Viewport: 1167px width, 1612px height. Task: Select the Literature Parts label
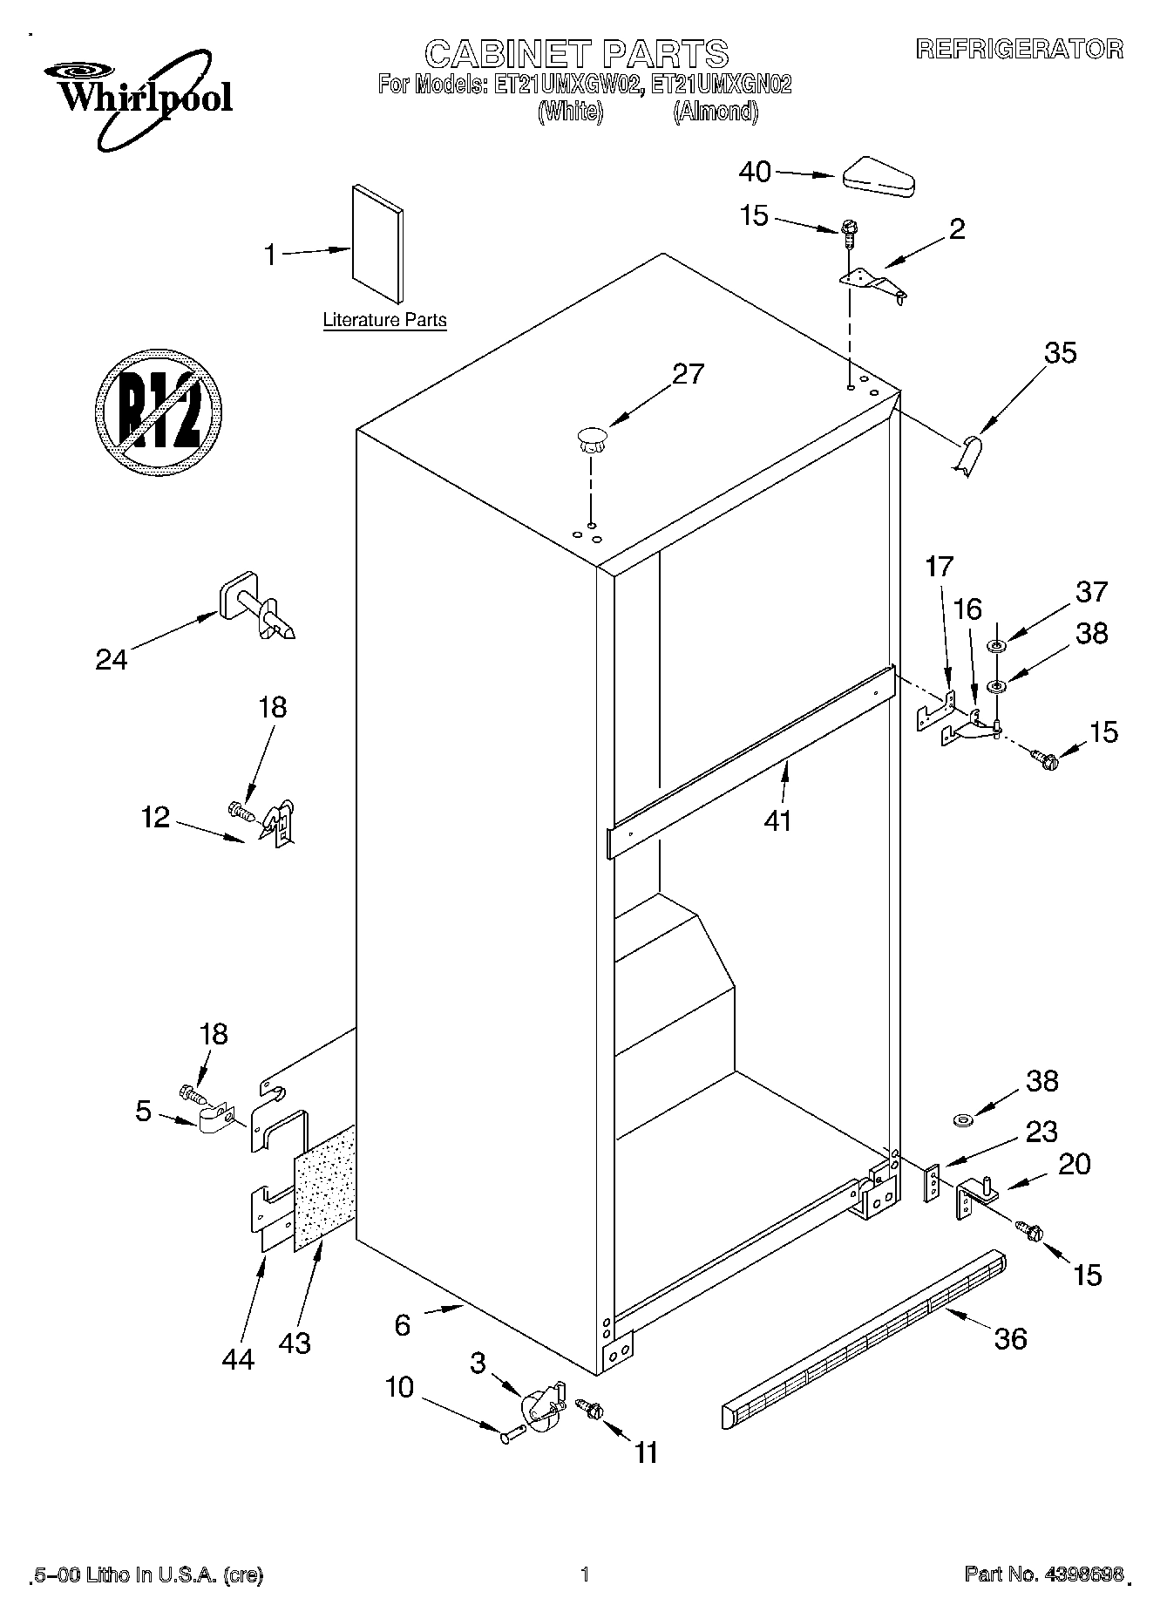tap(384, 320)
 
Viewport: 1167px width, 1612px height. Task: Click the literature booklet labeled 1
tap(378, 243)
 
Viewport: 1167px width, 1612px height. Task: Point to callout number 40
tap(755, 173)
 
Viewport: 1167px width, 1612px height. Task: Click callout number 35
tap(1060, 353)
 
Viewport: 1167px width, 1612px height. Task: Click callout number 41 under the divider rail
tap(777, 820)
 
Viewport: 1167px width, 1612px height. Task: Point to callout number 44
tap(238, 1358)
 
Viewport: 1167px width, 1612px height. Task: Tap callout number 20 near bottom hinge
tap(1074, 1164)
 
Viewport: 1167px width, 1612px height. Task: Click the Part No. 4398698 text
tap(1042, 1575)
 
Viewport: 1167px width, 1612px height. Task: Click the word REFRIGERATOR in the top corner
tap(1019, 50)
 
